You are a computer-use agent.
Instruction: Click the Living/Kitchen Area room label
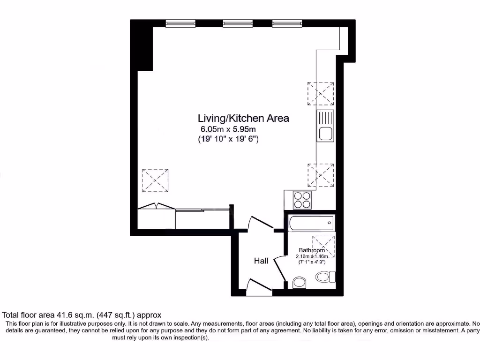point(243,118)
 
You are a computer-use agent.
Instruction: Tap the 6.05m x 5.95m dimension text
point(228,129)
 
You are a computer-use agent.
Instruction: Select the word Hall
point(261,261)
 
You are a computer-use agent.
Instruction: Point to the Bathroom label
point(312,250)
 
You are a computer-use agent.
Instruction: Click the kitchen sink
point(325,126)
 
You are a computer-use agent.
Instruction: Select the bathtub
point(312,223)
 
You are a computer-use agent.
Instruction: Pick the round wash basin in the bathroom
point(299,282)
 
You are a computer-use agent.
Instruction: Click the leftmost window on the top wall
point(180,23)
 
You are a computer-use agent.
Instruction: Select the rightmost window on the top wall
point(286,23)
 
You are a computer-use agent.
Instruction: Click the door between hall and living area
point(261,223)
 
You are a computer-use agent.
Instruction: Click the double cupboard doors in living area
point(156,207)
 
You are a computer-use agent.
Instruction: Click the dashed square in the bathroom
point(322,245)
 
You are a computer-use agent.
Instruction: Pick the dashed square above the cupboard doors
point(155,180)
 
